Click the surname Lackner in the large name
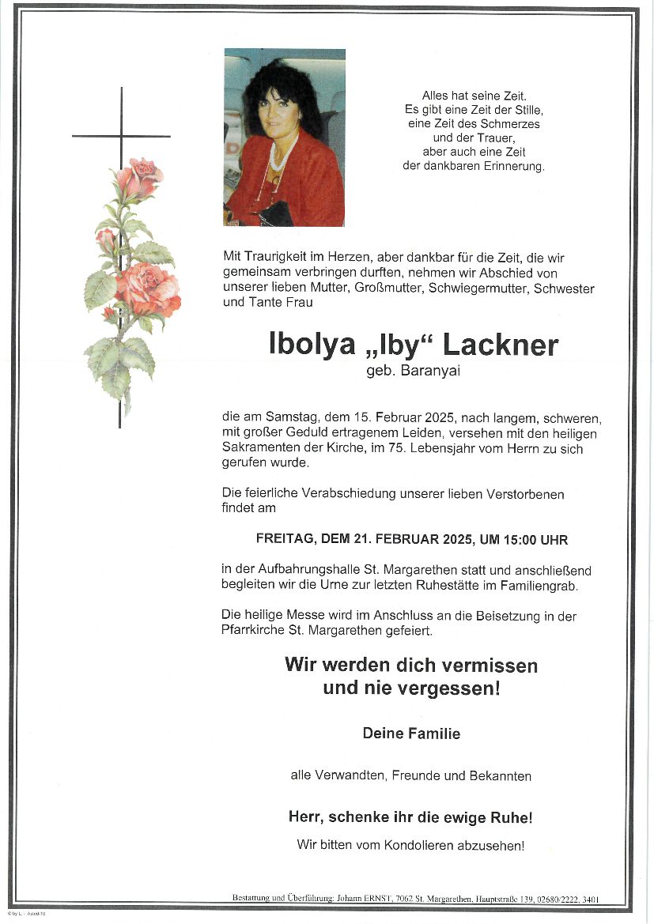(500, 345)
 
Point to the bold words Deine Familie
(411, 734)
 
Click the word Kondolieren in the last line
(420, 845)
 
